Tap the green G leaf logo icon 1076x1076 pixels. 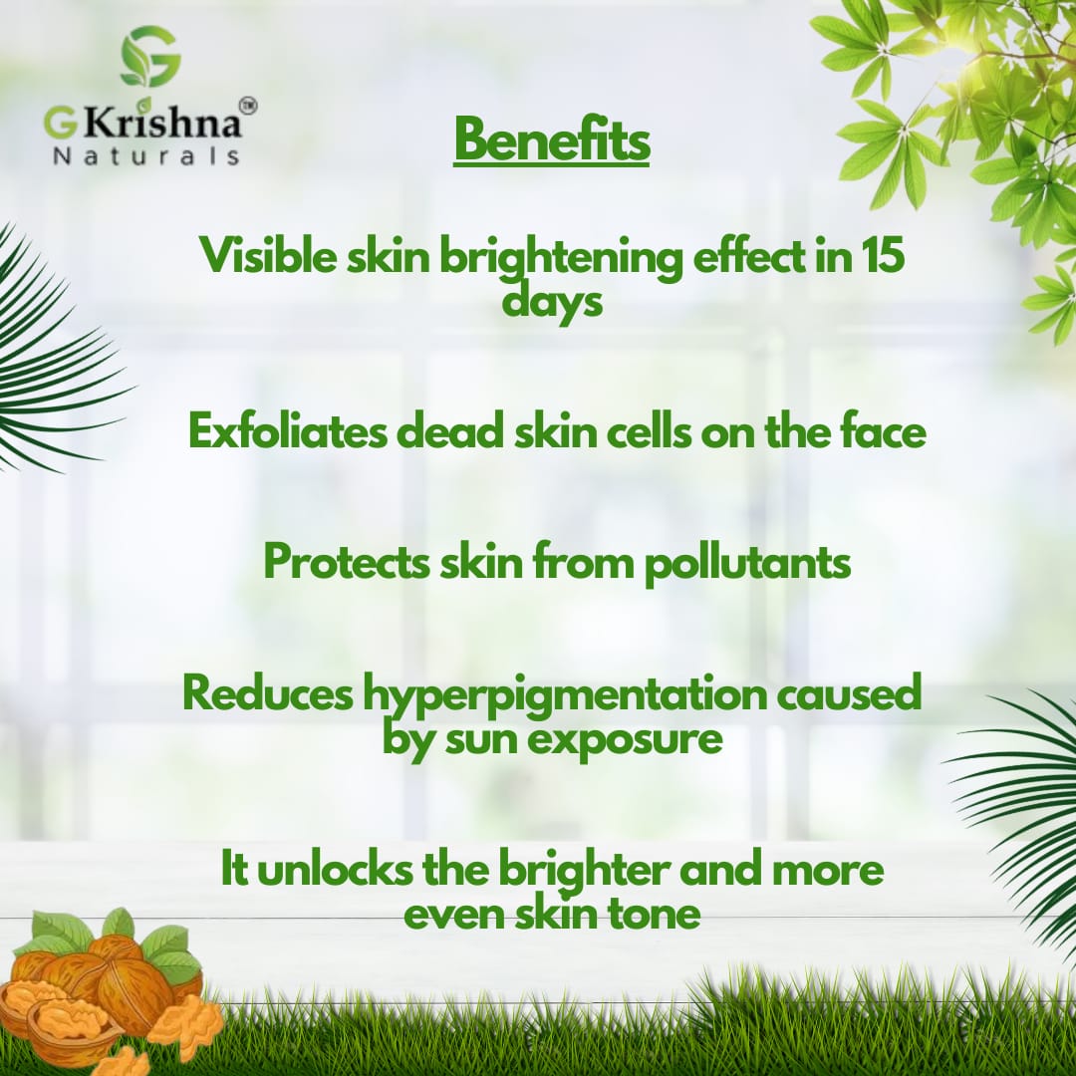click(x=150, y=58)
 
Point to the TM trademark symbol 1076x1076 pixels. click(x=246, y=105)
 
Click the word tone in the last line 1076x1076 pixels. click(x=654, y=913)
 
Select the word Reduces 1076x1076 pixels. click(x=267, y=693)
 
